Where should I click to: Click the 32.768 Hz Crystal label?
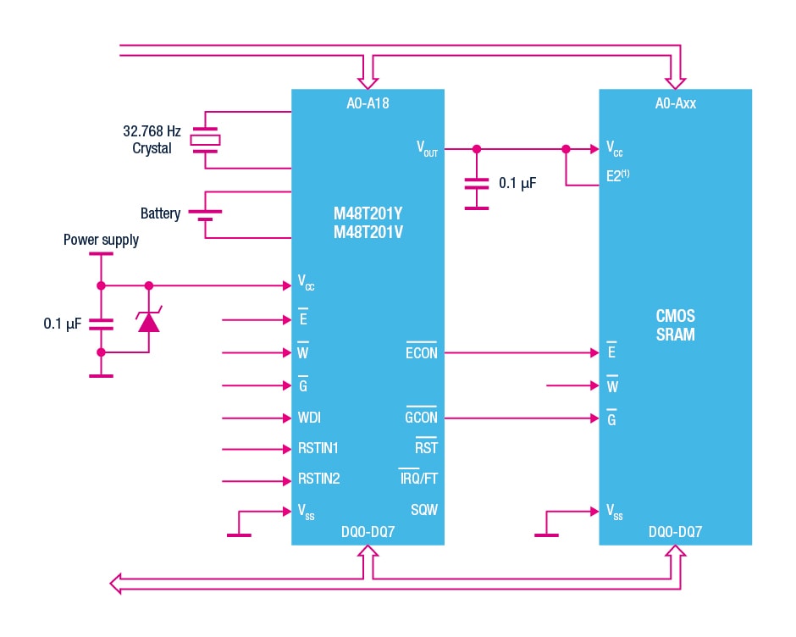[x=152, y=140]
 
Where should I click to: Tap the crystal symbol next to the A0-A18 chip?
[x=205, y=140]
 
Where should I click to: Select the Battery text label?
[x=160, y=213]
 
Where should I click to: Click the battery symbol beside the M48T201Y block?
[x=205, y=214]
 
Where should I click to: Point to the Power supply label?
[x=101, y=240]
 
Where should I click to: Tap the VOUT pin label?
[x=427, y=149]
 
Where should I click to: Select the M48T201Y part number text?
[x=367, y=213]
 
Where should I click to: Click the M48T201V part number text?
[x=367, y=231]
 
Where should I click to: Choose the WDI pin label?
[x=309, y=418]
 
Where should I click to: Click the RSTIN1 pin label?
[x=318, y=448]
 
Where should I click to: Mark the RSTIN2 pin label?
[x=318, y=479]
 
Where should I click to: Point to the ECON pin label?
[x=421, y=352]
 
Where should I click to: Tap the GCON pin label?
[x=421, y=418]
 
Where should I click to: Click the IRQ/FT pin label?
[x=418, y=479]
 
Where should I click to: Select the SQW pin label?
[x=424, y=511]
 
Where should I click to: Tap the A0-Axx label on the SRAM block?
[x=675, y=103]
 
